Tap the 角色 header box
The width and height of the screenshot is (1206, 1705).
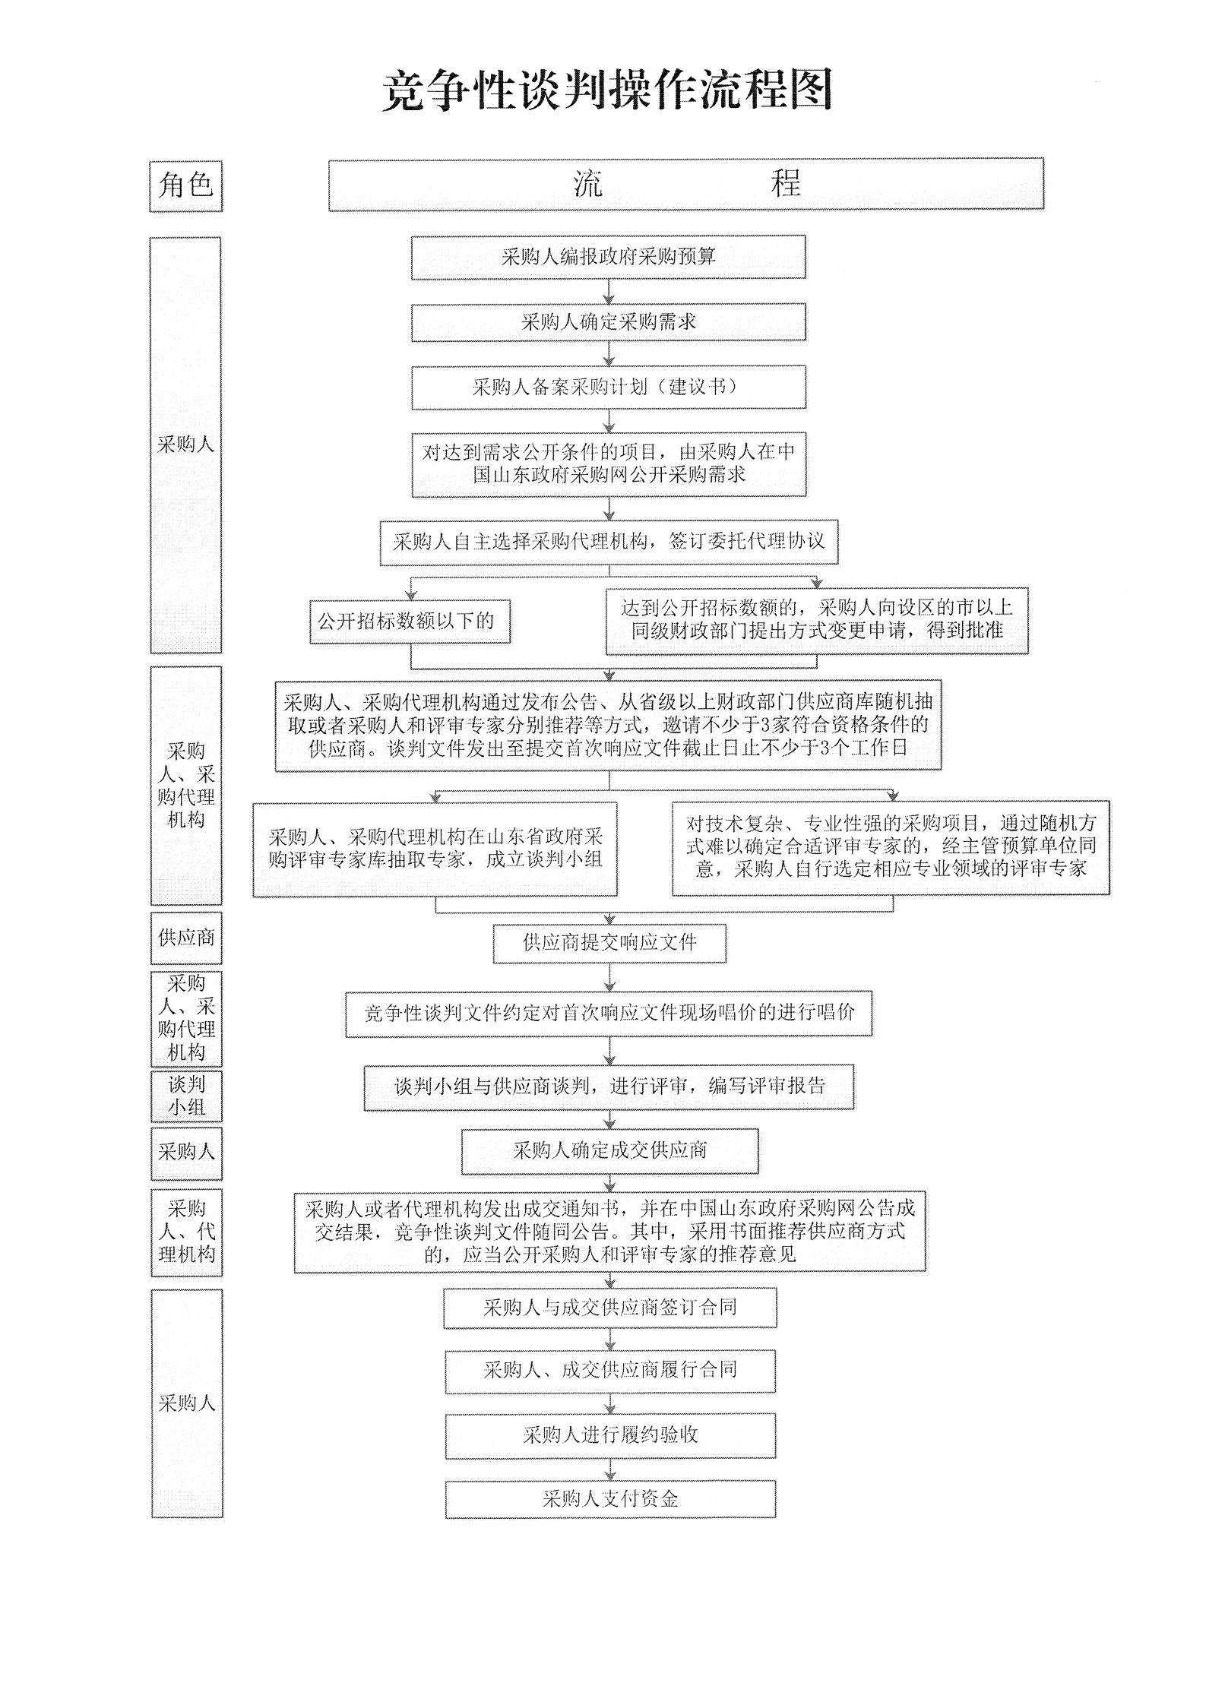pyautogui.click(x=185, y=185)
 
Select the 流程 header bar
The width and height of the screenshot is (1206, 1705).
pyautogui.click(x=685, y=184)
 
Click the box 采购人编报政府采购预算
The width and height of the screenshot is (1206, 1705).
pyautogui.click(x=608, y=257)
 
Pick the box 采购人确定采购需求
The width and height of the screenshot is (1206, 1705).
pyautogui.click(x=608, y=322)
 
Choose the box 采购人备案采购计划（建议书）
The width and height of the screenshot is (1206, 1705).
pyautogui.click(x=608, y=387)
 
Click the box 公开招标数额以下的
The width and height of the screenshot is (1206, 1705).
pyautogui.click(x=409, y=621)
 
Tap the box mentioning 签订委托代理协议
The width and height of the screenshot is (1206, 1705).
pyautogui.click(x=608, y=542)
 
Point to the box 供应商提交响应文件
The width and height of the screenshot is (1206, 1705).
pyautogui.click(x=609, y=943)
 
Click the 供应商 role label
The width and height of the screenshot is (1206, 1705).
pyautogui.click(x=186, y=938)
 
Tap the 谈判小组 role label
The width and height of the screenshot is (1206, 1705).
pyautogui.click(x=186, y=1096)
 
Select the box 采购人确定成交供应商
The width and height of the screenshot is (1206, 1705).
pyautogui.click(x=609, y=1150)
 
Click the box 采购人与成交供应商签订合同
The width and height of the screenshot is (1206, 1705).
pyautogui.click(x=609, y=1308)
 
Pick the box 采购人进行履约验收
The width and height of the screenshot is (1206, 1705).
pyautogui.click(x=609, y=1435)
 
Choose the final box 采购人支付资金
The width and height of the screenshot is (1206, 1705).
pyautogui.click(x=609, y=1498)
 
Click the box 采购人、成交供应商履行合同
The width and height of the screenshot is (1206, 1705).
pyautogui.click(x=609, y=1371)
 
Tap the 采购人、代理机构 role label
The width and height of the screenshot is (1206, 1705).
pyautogui.click(x=186, y=1232)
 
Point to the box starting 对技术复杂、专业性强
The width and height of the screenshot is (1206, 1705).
pyautogui.click(x=890, y=846)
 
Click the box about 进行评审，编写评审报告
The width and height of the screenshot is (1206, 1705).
pyautogui.click(x=609, y=1087)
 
